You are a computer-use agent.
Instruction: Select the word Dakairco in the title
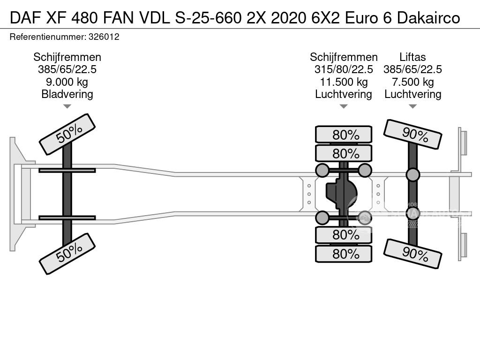point(428,18)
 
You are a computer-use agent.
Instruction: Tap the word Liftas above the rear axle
point(412,57)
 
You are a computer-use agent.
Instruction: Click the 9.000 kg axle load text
point(67,82)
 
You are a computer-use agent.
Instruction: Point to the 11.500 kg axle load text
point(344,82)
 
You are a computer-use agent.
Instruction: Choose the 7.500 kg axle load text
point(412,82)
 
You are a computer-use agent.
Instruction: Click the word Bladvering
point(67,94)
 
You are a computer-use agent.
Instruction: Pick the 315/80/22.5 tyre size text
point(344,70)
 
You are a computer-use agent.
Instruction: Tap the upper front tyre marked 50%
point(67,134)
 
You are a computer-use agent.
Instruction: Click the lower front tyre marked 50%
point(67,254)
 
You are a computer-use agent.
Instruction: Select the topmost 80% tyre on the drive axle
point(344,135)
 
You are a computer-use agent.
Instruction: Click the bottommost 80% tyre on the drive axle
point(344,254)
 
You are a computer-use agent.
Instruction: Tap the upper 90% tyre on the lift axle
point(412,134)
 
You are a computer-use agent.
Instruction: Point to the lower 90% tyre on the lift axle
point(412,254)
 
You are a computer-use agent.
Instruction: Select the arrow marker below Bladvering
point(67,106)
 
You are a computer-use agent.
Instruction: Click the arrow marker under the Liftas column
point(412,106)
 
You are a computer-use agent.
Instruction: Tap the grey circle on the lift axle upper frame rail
point(412,175)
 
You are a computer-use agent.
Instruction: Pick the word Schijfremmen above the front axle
point(67,57)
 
